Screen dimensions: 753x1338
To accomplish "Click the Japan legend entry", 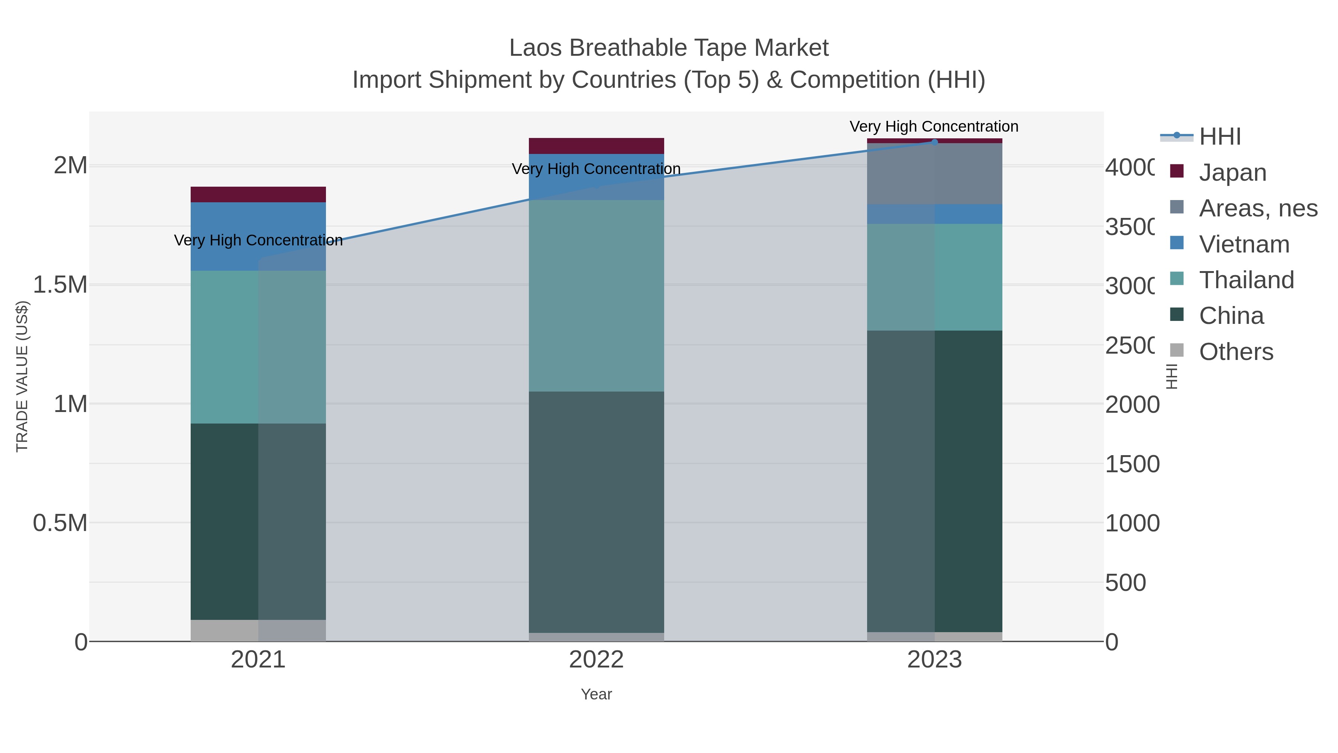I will coord(1232,173).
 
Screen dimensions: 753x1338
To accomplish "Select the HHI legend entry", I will coord(1219,137).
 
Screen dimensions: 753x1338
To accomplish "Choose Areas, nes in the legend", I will coord(1257,208).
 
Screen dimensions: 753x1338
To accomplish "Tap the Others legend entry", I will coord(1236,352).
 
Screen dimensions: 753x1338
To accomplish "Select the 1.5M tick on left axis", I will coord(60,285).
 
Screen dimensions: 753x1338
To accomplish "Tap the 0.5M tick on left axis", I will coord(60,523).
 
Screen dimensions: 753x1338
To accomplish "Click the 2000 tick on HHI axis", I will coord(1131,405).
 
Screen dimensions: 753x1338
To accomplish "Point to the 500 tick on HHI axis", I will coord(1125,583).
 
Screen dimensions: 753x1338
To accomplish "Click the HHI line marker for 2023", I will coord(934,142).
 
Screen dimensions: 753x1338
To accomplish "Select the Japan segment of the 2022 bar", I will coord(596,146).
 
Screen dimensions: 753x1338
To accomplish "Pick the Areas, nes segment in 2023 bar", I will coord(934,174).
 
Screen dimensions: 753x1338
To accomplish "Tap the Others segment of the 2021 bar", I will coord(258,630).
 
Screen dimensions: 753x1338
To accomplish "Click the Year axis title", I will coord(596,694).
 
